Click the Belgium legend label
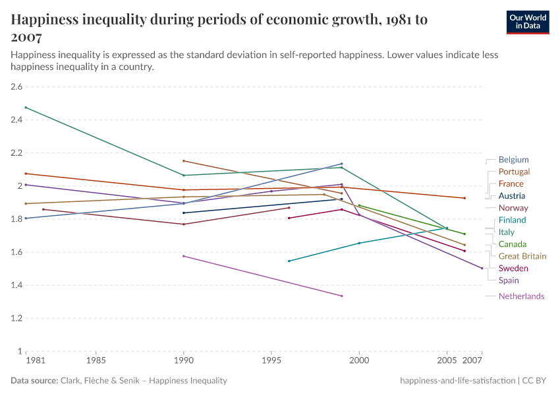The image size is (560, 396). pyautogui.click(x=513, y=160)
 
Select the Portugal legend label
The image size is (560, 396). pyautogui.click(x=514, y=172)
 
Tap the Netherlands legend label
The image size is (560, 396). pyautogui.click(x=521, y=296)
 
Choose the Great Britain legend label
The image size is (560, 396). pyautogui.click(x=522, y=256)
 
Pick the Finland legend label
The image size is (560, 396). pyautogui.click(x=512, y=220)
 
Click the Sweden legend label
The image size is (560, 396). pyautogui.click(x=513, y=269)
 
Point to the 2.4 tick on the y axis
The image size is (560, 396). pyautogui.click(x=16, y=120)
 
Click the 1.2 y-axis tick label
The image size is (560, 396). pyautogui.click(x=16, y=318)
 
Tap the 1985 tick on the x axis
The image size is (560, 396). pyautogui.click(x=96, y=362)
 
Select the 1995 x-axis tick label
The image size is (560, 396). pyautogui.click(x=271, y=362)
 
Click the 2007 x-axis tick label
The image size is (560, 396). pyautogui.click(x=472, y=362)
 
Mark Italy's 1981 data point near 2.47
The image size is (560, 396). pyautogui.click(x=26, y=108)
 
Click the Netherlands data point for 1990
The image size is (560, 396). pyautogui.click(x=184, y=256)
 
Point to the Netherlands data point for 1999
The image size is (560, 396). pyautogui.click(x=341, y=296)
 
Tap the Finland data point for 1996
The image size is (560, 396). pyautogui.click(x=289, y=261)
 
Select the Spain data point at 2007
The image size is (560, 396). pyautogui.click(x=482, y=268)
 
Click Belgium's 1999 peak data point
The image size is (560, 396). pyautogui.click(x=341, y=164)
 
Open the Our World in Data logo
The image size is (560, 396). pyautogui.click(x=527, y=21)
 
